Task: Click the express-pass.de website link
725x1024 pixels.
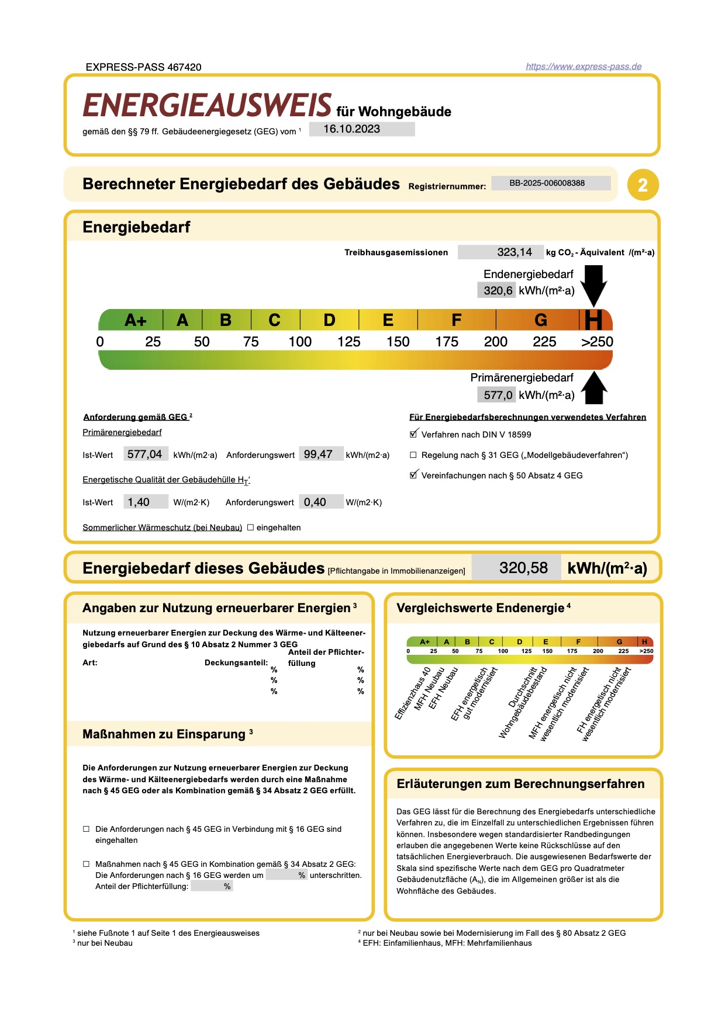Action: [x=583, y=67]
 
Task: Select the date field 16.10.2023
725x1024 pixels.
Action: [x=361, y=129]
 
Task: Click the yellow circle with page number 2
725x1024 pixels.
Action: [x=643, y=185]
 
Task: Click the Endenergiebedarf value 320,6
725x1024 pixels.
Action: [x=497, y=290]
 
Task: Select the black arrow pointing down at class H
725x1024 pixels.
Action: [x=593, y=284]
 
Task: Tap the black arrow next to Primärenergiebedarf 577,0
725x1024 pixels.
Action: [x=593, y=388]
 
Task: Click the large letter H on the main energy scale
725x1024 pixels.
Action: [x=593, y=320]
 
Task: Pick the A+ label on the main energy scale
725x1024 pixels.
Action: [x=135, y=320]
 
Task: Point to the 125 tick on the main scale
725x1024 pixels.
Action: [x=348, y=342]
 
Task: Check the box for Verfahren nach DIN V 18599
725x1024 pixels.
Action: [x=413, y=434]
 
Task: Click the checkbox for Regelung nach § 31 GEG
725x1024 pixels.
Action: [x=413, y=455]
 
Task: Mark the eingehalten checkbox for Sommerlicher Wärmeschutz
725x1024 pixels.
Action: [x=250, y=527]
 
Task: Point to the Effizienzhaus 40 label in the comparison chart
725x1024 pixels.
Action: [x=413, y=693]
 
